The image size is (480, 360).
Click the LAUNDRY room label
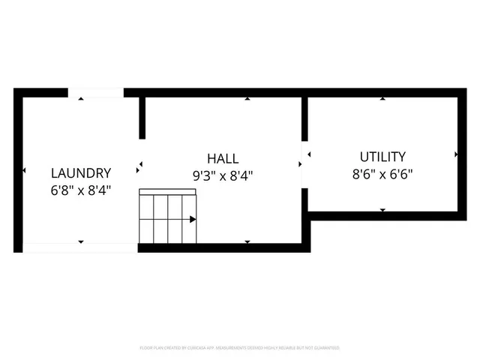81,172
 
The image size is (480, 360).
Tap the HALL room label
223,159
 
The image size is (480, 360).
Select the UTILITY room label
382,157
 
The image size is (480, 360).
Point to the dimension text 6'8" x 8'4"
81,190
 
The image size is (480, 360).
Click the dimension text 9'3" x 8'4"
223,176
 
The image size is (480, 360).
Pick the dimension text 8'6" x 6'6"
382,174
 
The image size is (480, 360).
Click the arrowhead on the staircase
193,220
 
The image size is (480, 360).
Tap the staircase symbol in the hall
168,217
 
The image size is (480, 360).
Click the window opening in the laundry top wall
96,93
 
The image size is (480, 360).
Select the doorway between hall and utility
304,163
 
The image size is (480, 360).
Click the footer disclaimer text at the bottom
240,348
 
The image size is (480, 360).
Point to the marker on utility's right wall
457,154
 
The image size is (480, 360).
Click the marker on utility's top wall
382,98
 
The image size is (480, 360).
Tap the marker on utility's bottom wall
382,210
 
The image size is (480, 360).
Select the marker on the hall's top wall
247,98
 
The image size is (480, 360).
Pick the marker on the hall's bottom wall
247,241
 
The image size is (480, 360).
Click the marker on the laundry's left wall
24,171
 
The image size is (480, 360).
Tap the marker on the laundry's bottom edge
81,241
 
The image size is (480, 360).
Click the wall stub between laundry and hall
142,117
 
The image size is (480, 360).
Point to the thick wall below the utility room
386,216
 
